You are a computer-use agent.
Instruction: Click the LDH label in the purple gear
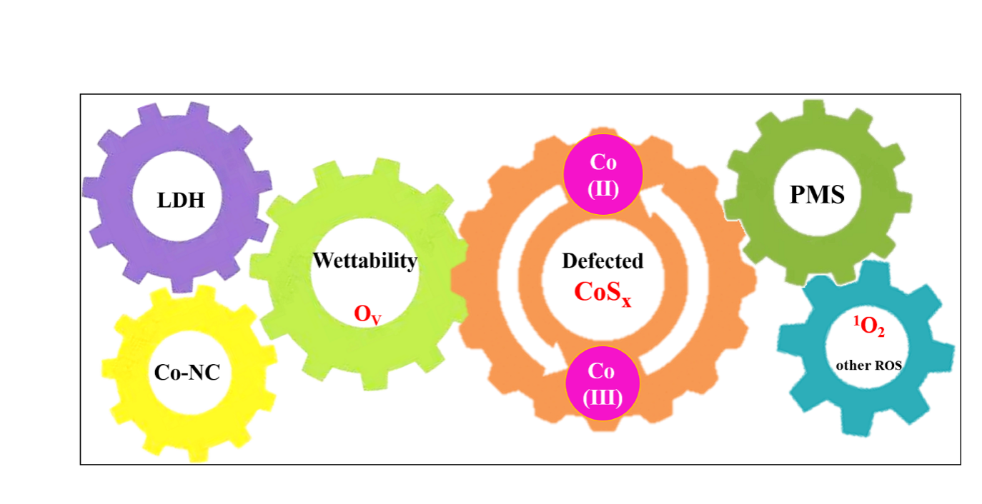181,201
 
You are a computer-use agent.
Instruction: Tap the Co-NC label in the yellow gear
187,372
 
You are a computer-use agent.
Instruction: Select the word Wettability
364,261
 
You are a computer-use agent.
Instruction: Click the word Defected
602,261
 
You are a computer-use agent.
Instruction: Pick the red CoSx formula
603,292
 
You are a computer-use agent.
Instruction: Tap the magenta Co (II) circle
603,175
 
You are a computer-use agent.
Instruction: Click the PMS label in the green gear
817,195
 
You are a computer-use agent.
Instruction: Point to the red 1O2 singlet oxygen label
869,327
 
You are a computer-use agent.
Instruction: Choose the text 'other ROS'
869,366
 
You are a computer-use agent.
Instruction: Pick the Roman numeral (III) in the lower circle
602,398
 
